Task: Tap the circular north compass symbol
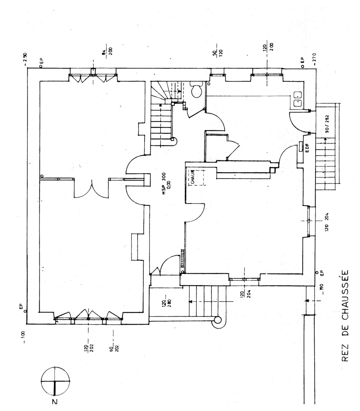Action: pos(55,382)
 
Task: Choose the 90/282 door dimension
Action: pos(326,124)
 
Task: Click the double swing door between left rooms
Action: pos(91,189)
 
